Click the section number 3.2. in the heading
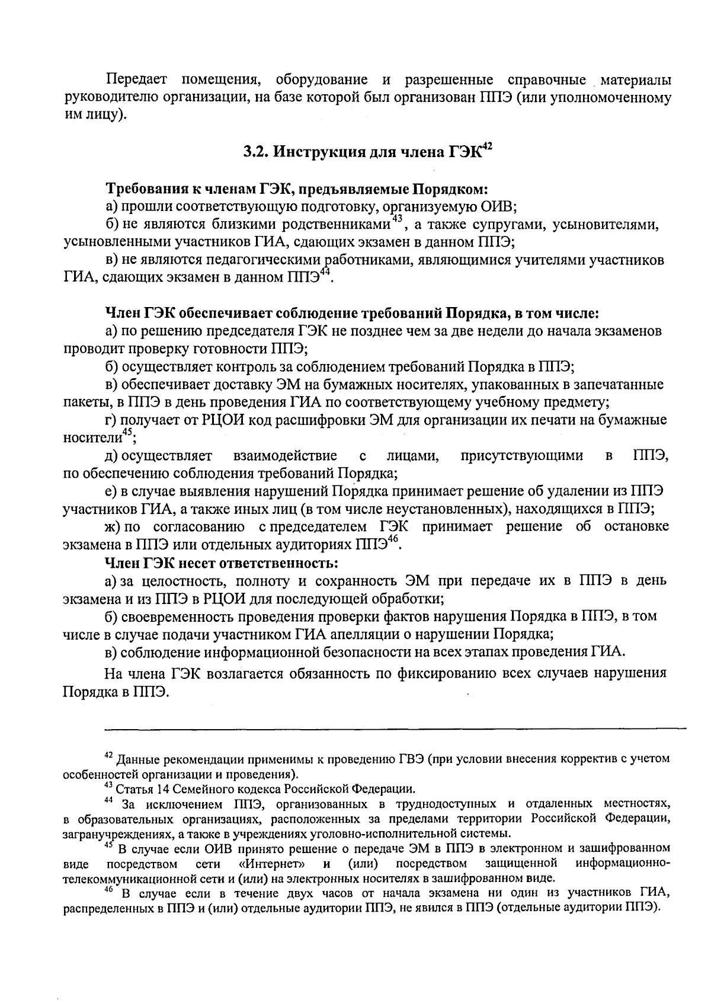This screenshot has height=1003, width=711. coord(257,152)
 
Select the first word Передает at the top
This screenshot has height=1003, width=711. coord(136,80)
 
